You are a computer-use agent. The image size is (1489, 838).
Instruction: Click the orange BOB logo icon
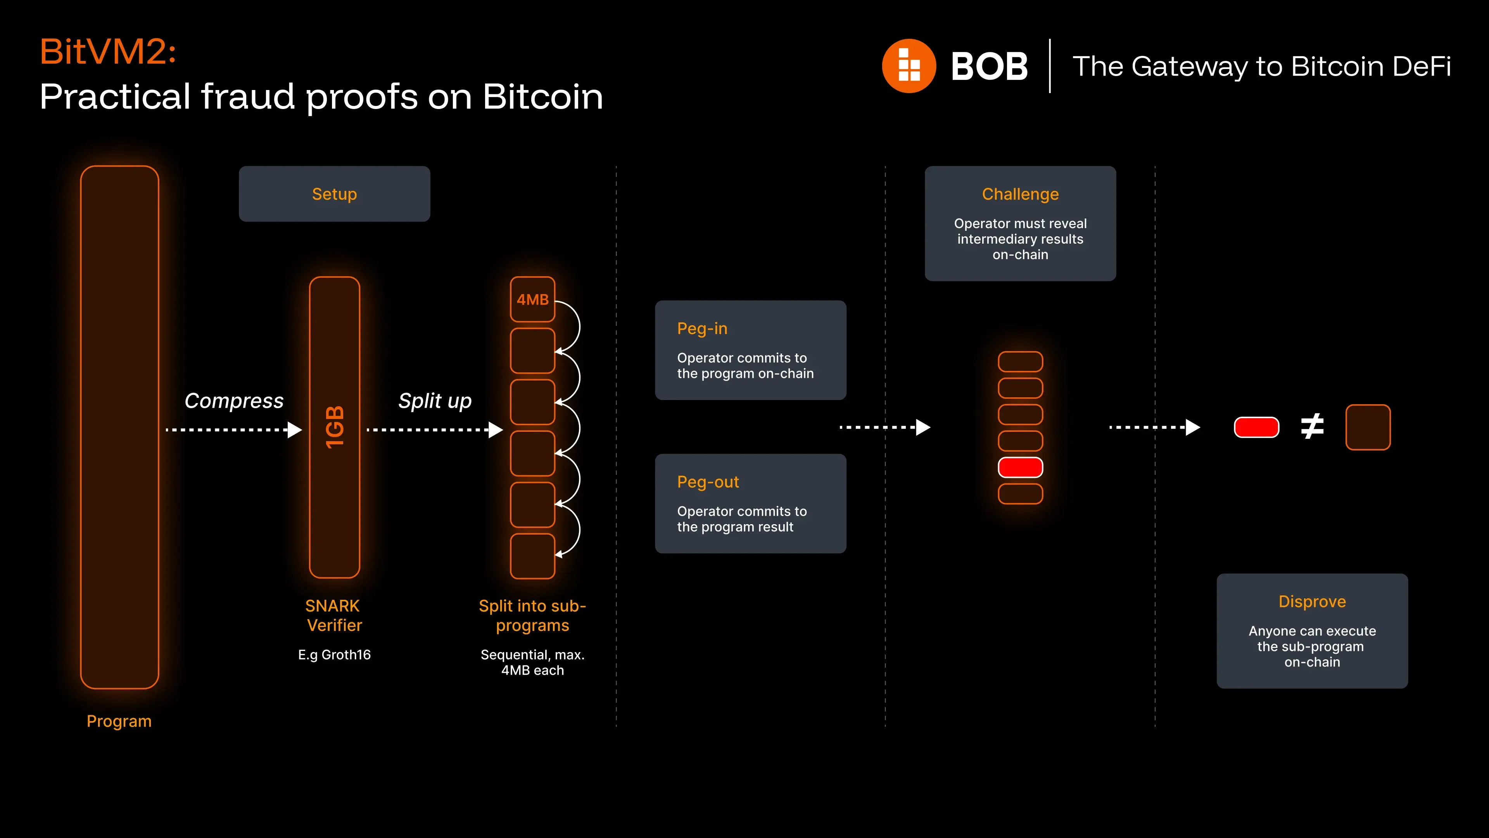(x=909, y=66)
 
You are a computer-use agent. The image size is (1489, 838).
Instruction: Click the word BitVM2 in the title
(x=107, y=52)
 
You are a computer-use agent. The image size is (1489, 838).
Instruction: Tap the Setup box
(x=334, y=194)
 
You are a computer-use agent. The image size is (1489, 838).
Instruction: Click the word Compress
(x=234, y=401)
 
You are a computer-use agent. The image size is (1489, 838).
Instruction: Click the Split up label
(x=435, y=401)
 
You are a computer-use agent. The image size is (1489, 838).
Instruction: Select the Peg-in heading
(x=702, y=329)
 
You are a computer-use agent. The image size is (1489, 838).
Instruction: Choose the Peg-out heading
(x=708, y=482)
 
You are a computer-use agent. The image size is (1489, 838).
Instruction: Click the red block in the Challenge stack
(x=1020, y=467)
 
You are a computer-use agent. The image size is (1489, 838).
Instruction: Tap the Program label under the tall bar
(x=119, y=721)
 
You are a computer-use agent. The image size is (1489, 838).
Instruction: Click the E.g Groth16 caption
(x=334, y=654)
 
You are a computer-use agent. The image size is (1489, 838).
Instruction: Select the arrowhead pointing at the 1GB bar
(x=295, y=430)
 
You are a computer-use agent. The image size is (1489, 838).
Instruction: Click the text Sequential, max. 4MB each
(x=532, y=662)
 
